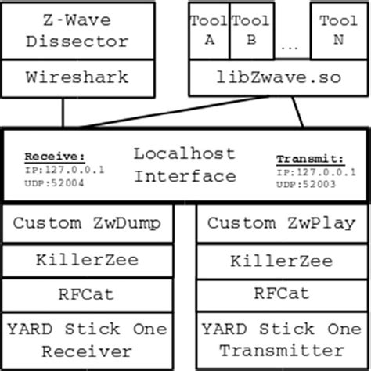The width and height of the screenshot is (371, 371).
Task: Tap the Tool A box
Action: tap(209, 31)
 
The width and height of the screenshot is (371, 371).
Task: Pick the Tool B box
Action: tap(251, 31)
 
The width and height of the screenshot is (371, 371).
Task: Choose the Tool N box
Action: tap(338, 31)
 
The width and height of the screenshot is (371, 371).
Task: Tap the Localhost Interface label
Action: tap(184, 164)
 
